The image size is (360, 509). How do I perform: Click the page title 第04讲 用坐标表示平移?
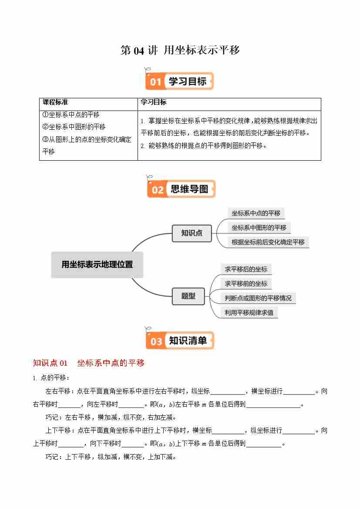pyautogui.click(x=180, y=51)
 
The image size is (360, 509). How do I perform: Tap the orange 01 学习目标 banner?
pyautogui.click(x=180, y=81)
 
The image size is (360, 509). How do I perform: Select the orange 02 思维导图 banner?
pyautogui.click(x=181, y=189)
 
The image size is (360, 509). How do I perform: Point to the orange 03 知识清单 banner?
pyautogui.click(x=180, y=340)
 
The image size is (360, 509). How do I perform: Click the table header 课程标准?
pyautogui.click(x=55, y=102)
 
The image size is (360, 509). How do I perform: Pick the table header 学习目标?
pyautogui.click(x=154, y=102)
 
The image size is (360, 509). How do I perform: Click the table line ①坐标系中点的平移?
pyautogui.click(x=71, y=115)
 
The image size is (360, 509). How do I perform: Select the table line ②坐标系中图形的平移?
pyautogui.click(x=74, y=127)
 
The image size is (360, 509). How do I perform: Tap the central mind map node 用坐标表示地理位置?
pyautogui.click(x=97, y=264)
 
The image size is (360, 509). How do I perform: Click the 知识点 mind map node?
pyautogui.click(x=192, y=233)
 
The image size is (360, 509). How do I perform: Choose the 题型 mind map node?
pyautogui.click(x=188, y=297)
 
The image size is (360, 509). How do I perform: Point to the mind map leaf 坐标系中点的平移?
pyautogui.click(x=256, y=213)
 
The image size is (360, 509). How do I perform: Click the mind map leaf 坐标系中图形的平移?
pyautogui.click(x=259, y=228)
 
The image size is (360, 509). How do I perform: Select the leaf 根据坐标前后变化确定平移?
pyautogui.click(x=268, y=242)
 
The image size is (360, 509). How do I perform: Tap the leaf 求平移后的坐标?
pyautogui.click(x=246, y=269)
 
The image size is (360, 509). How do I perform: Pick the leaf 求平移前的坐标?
pyautogui.click(x=246, y=283)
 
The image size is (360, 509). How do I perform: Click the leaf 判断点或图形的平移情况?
pyautogui.click(x=258, y=298)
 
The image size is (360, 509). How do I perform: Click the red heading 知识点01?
pyautogui.click(x=50, y=363)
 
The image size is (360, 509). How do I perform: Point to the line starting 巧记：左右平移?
pyautogui.click(x=111, y=418)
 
